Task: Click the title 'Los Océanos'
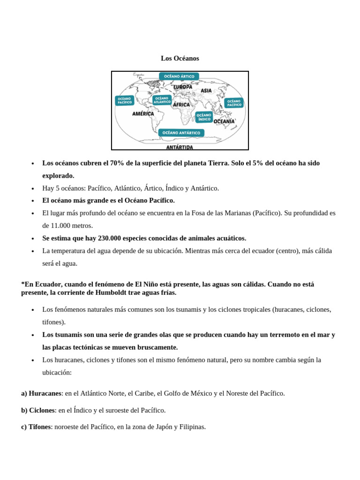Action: [180, 58]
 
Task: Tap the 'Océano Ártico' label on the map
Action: [179, 76]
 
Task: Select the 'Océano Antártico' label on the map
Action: [181, 133]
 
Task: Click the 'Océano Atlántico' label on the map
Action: [162, 100]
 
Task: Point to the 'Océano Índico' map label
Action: [204, 117]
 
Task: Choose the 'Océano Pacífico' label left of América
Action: [125, 101]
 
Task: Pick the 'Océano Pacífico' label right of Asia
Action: [234, 103]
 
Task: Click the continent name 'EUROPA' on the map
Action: [182, 87]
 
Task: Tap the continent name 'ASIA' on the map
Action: [206, 90]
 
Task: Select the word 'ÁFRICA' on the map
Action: [181, 105]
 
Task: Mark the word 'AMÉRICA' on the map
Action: [143, 113]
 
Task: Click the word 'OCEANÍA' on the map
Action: [224, 121]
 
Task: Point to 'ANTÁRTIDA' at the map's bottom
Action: [180, 147]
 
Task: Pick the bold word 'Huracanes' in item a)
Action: [45, 393]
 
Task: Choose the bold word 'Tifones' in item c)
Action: [39, 427]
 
